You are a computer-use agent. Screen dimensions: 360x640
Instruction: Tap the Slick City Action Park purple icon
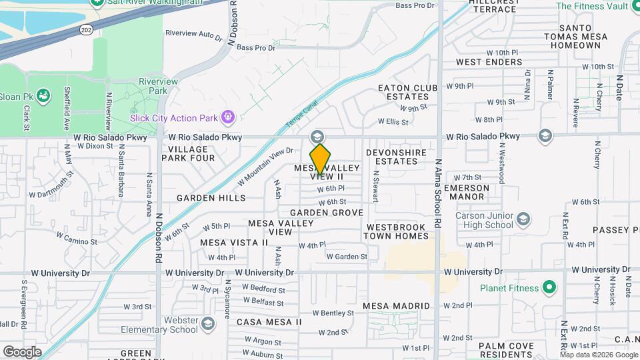point(229,118)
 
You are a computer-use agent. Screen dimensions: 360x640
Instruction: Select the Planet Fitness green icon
point(549,288)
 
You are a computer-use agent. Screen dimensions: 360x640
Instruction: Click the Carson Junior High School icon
point(524,219)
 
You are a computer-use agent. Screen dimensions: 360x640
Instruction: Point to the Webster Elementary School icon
point(208,324)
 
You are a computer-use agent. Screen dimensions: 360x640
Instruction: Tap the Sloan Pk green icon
point(44,96)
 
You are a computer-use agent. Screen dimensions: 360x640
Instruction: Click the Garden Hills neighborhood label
point(211,198)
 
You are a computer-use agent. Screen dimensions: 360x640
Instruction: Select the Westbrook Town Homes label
point(397,231)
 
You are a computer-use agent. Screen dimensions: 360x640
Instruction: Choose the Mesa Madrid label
point(396,305)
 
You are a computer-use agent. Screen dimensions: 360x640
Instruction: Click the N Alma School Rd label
point(438,194)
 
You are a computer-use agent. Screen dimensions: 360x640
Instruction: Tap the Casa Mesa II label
point(269,322)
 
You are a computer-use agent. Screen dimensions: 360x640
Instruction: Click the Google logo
point(22,351)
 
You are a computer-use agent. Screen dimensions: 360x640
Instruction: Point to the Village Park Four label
point(191,153)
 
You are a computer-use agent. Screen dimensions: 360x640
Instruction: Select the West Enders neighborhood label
point(489,62)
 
